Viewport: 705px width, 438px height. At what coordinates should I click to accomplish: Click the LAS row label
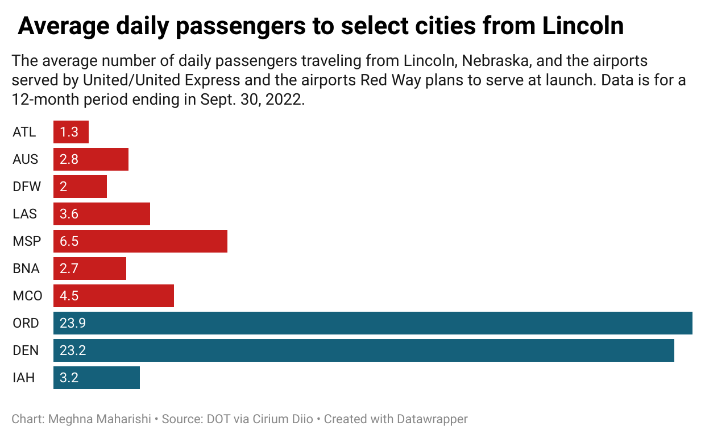pyautogui.click(x=24, y=214)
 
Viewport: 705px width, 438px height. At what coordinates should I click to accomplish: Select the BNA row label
pyautogui.click(x=27, y=268)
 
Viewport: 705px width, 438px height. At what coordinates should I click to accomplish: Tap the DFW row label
pyautogui.click(x=26, y=187)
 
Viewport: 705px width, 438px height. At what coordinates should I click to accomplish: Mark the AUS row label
pyautogui.click(x=26, y=159)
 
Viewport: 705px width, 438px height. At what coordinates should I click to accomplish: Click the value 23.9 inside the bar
pyautogui.click(x=73, y=323)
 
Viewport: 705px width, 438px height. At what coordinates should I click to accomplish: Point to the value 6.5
pyautogui.click(x=69, y=241)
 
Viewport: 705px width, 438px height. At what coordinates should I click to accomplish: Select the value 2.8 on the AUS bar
pyautogui.click(x=69, y=159)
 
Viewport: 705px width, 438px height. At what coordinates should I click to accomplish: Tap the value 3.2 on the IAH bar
pyautogui.click(x=69, y=378)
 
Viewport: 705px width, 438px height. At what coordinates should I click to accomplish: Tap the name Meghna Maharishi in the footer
pyautogui.click(x=100, y=420)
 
